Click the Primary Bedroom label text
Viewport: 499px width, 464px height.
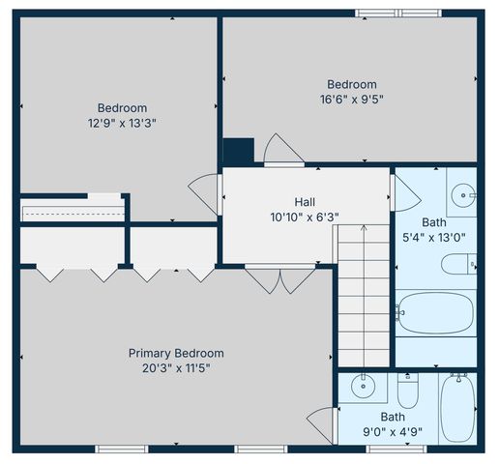point(176,353)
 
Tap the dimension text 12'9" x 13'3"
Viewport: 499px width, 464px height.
point(122,123)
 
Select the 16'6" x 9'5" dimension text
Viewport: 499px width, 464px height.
point(351,100)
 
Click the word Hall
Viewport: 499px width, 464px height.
point(305,201)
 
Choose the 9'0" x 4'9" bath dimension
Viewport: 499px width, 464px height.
point(393,432)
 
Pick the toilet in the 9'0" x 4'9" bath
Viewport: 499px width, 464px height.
point(407,392)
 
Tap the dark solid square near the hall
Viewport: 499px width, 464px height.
point(238,152)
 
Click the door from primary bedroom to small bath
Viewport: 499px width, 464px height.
point(322,423)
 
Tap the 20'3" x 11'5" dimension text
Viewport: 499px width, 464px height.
point(176,367)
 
